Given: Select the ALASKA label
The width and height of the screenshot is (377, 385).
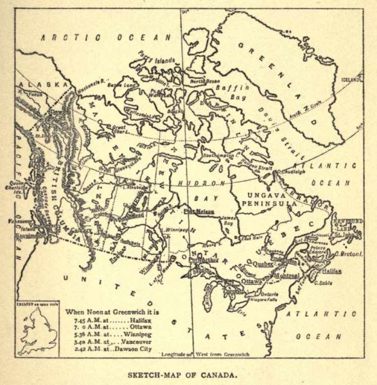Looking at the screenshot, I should [x=44, y=85].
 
